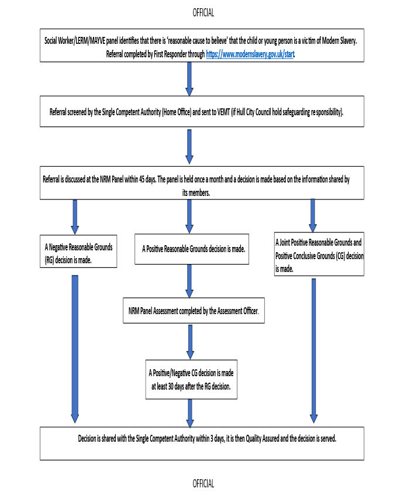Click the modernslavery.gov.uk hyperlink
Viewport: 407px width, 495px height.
pyautogui.click(x=250, y=54)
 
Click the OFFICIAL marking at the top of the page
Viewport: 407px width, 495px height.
pyautogui.click(x=203, y=12)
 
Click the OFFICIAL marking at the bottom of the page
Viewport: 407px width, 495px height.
pyautogui.click(x=203, y=483)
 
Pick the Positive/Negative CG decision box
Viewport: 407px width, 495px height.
pyautogui.click(x=191, y=379)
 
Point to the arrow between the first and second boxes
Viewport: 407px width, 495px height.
pyautogui.click(x=189, y=78)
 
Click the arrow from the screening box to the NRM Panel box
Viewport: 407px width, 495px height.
pyautogui.click(x=189, y=146)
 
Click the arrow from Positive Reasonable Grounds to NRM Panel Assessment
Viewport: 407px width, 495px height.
pyautogui.click(x=189, y=281)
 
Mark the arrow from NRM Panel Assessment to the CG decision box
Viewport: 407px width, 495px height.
pyautogui.click(x=191, y=342)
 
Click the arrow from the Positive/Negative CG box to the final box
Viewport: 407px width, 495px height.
pyautogui.click(x=189, y=413)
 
